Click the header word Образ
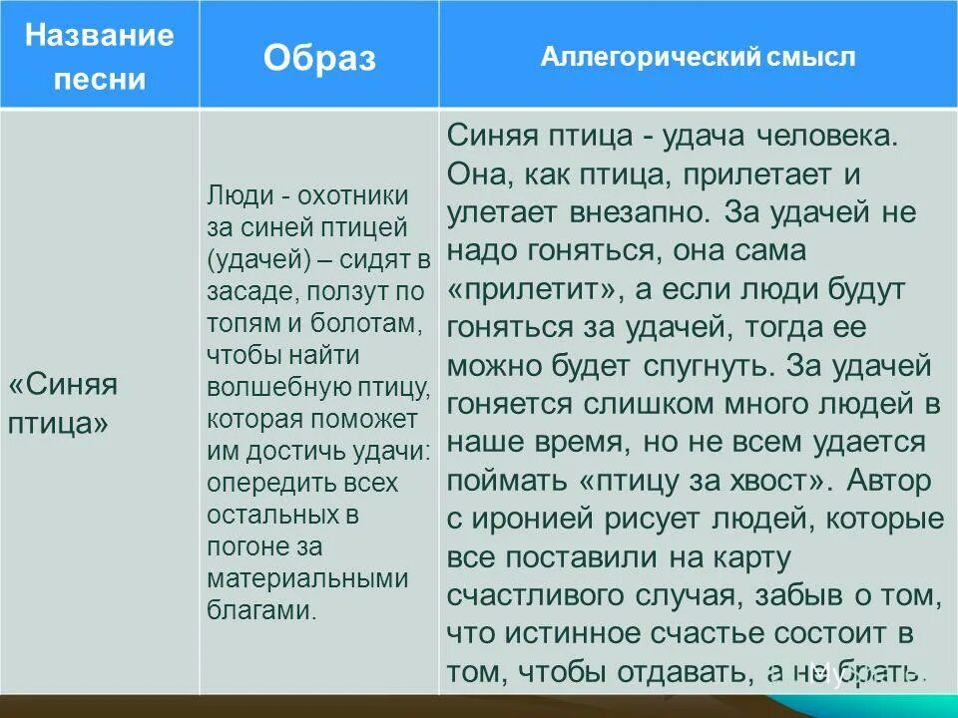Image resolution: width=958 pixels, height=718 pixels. coord(319,59)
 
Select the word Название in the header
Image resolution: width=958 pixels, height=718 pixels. coord(99,36)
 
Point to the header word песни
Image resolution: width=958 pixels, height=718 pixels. coord(99,80)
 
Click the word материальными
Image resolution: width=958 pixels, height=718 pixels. coord(308,579)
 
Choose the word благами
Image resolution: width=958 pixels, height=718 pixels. coord(262,610)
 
